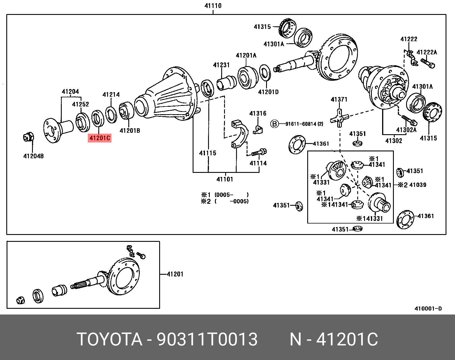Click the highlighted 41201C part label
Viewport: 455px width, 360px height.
coord(99,138)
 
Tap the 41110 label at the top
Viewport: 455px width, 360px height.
coord(213,6)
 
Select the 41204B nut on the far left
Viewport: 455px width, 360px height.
coord(28,138)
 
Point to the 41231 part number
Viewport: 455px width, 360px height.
coord(221,65)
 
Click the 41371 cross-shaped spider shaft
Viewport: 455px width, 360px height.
coord(339,118)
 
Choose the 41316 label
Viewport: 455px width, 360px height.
coord(258,114)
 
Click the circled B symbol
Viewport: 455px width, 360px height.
coord(274,124)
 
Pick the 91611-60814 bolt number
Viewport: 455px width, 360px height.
coord(304,124)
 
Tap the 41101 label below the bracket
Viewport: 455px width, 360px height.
coord(225,179)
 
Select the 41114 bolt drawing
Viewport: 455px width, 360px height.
coord(259,152)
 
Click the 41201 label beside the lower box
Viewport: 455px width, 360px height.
coord(175,274)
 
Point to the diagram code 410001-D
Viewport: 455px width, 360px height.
coord(428,308)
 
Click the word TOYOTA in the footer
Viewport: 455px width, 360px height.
coord(109,339)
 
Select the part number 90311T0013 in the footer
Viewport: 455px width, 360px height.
coord(207,339)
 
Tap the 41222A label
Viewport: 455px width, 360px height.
coord(427,52)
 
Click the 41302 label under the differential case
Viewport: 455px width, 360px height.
coord(394,141)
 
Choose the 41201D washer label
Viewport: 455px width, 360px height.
coord(268,92)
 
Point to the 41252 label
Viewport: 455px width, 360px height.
coord(80,104)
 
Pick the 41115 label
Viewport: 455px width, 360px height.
coord(207,153)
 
